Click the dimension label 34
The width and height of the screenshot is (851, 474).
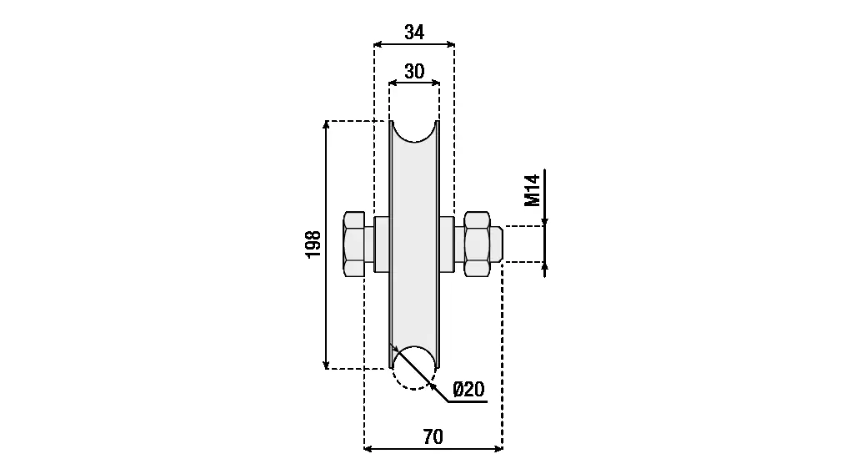tap(414, 32)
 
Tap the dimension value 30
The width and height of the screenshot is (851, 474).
tap(414, 71)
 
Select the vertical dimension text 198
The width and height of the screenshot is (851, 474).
tap(313, 244)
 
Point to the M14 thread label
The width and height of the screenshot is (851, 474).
tap(533, 190)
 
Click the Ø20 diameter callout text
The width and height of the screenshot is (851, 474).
tap(468, 389)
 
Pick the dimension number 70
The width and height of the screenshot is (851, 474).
tap(433, 436)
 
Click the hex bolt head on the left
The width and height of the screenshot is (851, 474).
tap(354, 244)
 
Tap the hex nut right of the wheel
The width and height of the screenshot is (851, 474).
tap(477, 244)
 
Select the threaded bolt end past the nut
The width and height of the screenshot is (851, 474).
tap(497, 244)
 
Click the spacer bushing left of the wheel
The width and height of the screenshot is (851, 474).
tap(382, 244)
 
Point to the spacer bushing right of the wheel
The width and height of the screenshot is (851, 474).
tap(447, 244)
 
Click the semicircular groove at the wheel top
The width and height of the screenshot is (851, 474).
tap(414, 132)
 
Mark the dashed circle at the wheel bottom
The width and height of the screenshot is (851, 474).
tap(414, 367)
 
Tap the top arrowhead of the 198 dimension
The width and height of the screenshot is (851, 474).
tap(326, 125)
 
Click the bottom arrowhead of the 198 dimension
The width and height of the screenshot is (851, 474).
tap(326, 365)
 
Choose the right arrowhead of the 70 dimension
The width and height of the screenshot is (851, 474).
tap(498, 448)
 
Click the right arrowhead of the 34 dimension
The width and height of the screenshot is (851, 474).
tap(450, 44)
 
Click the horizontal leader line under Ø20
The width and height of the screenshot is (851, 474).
tap(468, 402)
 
